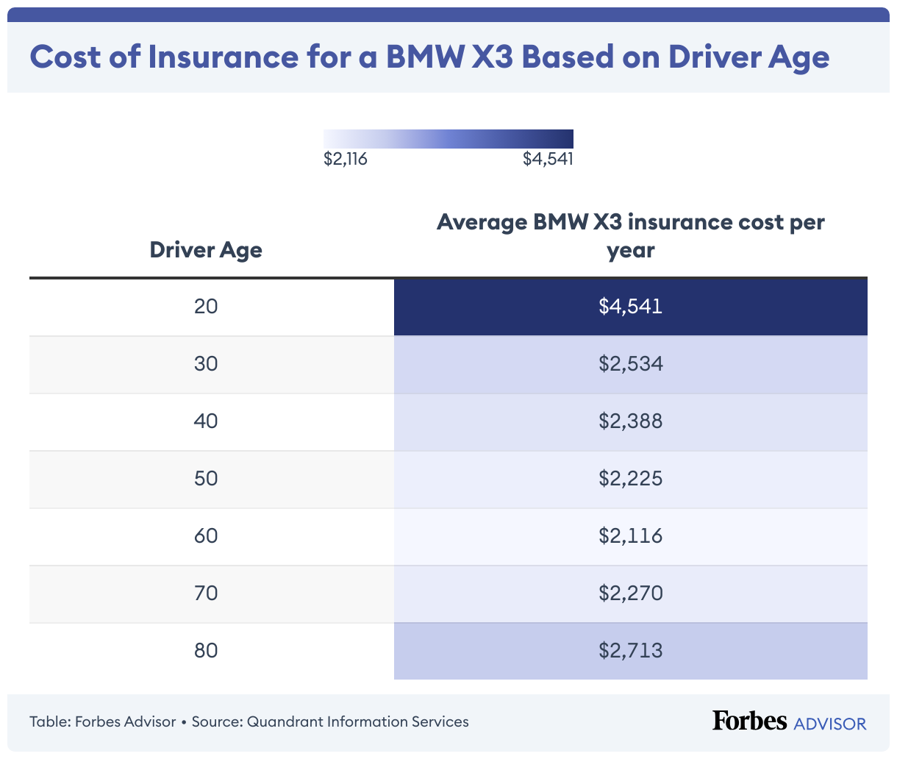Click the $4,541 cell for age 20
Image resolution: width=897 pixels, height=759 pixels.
pyautogui.click(x=630, y=306)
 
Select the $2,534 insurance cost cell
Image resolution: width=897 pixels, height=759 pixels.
pyautogui.click(x=630, y=363)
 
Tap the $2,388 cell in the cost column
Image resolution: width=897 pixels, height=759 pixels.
pyautogui.click(x=630, y=421)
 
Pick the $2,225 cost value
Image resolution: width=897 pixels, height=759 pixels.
pyautogui.click(x=630, y=478)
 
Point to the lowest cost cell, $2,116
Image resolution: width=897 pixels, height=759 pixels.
pyautogui.click(x=630, y=535)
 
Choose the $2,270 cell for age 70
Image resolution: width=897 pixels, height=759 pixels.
pyautogui.click(x=630, y=593)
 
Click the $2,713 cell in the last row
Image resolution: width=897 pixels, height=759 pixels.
pyautogui.click(x=630, y=650)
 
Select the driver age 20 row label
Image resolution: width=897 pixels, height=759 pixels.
pyautogui.click(x=206, y=306)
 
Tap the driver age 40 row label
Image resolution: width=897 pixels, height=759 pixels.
pyautogui.click(x=206, y=421)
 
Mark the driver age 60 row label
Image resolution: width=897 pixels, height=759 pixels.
pyautogui.click(x=206, y=535)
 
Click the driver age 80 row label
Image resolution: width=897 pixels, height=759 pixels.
pyautogui.click(x=206, y=650)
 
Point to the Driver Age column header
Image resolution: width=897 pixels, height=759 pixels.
pyautogui.click(x=206, y=250)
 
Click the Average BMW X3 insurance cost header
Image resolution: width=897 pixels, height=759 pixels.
pyautogui.click(x=630, y=235)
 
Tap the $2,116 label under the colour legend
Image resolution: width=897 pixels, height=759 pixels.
pyautogui.click(x=345, y=159)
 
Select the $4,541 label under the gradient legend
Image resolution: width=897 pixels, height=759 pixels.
pyautogui.click(x=548, y=159)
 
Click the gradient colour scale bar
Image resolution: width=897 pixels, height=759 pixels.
pyautogui.click(x=448, y=138)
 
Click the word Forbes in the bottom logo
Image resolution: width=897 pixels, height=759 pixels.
pyautogui.click(x=749, y=721)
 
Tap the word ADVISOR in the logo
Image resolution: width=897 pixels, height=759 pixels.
pyautogui.click(x=830, y=724)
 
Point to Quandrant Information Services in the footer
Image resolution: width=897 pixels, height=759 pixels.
pyautogui.click(x=357, y=721)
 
